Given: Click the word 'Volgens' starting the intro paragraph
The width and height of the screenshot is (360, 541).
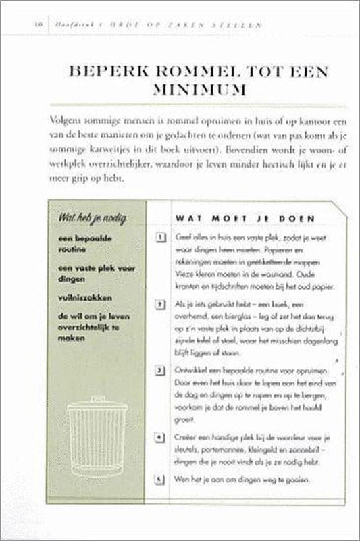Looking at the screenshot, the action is point(65,119).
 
